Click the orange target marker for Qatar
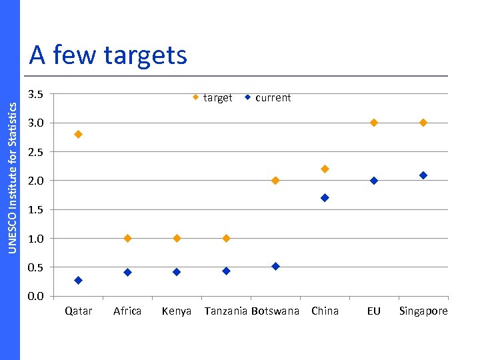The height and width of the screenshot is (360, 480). [78, 134]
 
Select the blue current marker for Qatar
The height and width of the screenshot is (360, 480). [78, 280]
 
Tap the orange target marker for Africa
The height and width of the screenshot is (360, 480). [127, 238]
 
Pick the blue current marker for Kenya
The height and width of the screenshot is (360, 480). [177, 272]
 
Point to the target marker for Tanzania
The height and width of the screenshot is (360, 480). [226, 238]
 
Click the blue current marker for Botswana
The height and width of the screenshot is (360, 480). [275, 266]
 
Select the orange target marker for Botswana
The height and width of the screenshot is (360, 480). [275, 181]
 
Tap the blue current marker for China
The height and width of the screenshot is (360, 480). [325, 198]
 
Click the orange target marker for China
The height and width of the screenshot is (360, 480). [325, 169]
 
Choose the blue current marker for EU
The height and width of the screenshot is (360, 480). [374, 181]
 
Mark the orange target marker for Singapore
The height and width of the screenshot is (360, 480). [423, 123]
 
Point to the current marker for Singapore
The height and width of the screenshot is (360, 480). [423, 175]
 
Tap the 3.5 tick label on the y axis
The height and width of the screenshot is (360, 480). [36, 94]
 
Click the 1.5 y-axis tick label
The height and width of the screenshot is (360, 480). [36, 209]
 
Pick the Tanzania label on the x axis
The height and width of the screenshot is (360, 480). [226, 311]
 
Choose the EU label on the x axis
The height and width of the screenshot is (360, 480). [374, 311]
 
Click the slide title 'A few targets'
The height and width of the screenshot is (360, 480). [108, 55]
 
